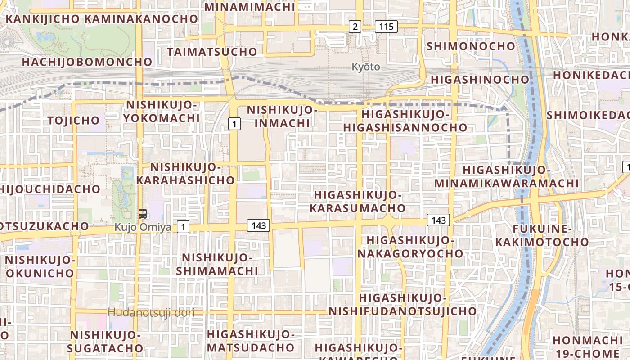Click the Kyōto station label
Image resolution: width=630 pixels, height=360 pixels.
[x=365, y=67]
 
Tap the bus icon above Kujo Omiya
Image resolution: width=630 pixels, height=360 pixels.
[x=143, y=214]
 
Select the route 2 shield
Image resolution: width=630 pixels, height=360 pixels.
[x=355, y=27]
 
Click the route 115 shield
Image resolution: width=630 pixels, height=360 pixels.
[x=386, y=27]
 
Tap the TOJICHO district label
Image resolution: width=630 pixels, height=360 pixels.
[x=73, y=120]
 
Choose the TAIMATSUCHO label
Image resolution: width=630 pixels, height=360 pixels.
[x=212, y=52]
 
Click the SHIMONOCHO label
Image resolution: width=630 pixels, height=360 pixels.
[x=471, y=46]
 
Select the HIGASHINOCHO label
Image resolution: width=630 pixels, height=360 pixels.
[x=480, y=80]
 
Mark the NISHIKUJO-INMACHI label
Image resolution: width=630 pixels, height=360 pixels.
[x=279, y=116]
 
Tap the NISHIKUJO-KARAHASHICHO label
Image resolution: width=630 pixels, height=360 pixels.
[x=185, y=174]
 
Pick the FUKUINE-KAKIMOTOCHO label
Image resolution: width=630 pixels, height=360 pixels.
[x=542, y=235]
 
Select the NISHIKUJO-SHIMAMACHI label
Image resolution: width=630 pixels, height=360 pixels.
[x=217, y=264]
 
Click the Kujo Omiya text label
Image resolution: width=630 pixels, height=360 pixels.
[x=143, y=227]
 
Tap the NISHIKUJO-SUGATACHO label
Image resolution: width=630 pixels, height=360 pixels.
[x=105, y=342]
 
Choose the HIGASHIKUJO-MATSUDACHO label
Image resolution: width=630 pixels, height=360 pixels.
[x=250, y=341]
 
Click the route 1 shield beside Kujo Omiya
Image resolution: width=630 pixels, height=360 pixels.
[x=183, y=227]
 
